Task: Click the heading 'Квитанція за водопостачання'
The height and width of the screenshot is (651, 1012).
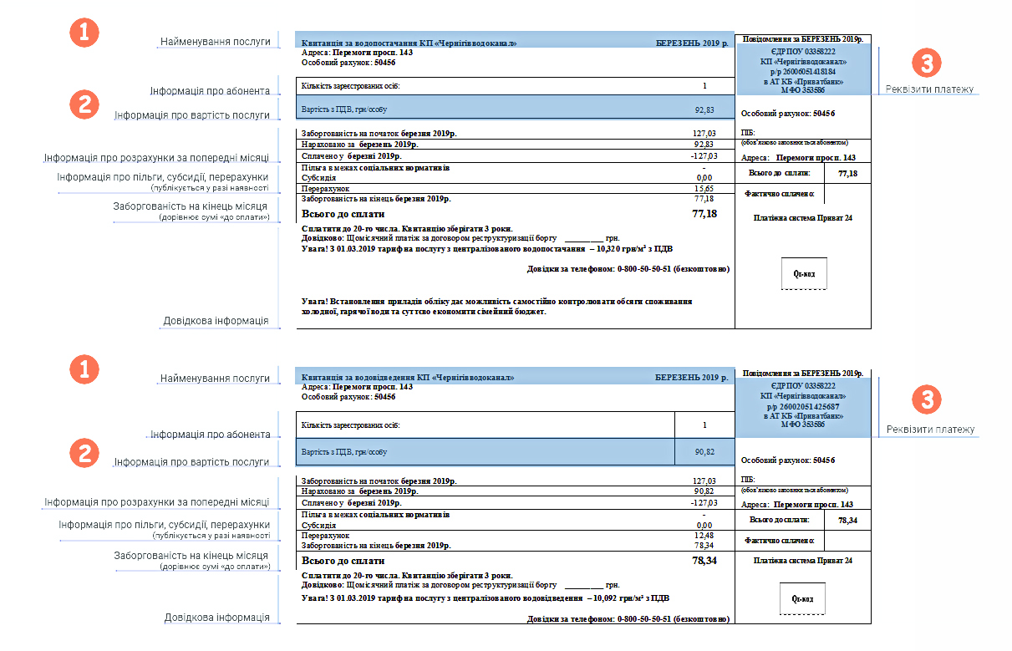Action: (x=408, y=43)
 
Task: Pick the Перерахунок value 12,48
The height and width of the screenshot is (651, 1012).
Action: (x=704, y=535)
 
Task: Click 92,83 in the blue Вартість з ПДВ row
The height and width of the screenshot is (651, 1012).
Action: (x=704, y=109)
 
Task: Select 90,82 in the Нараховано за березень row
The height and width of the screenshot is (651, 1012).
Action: (x=704, y=491)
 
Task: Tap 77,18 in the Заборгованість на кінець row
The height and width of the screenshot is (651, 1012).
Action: (x=704, y=199)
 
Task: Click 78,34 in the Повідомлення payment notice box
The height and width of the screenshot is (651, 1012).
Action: (x=847, y=521)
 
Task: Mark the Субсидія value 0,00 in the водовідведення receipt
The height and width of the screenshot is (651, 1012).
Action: (x=704, y=526)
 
